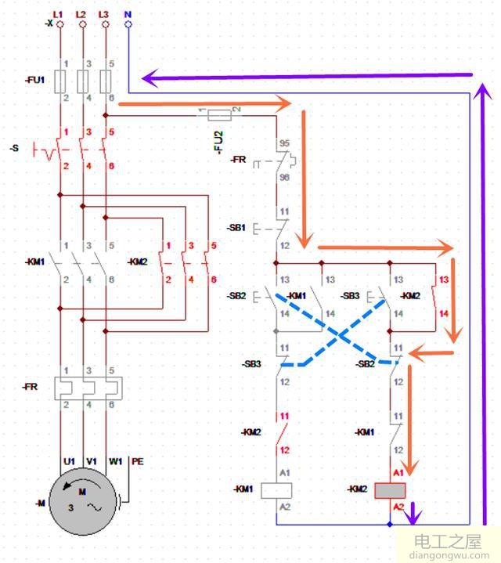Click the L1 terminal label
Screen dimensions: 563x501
(x=58, y=15)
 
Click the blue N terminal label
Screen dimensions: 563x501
(x=128, y=14)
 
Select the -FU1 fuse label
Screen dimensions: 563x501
(x=35, y=79)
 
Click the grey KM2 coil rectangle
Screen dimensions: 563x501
(x=389, y=490)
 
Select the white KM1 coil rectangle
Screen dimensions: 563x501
(x=276, y=490)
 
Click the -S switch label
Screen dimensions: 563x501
(x=15, y=147)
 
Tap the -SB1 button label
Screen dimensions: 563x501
(x=237, y=229)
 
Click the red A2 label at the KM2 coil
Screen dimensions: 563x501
(x=398, y=507)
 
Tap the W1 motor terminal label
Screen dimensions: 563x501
(x=116, y=461)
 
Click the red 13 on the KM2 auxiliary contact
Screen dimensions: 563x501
(x=444, y=280)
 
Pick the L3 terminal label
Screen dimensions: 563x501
(x=104, y=15)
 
